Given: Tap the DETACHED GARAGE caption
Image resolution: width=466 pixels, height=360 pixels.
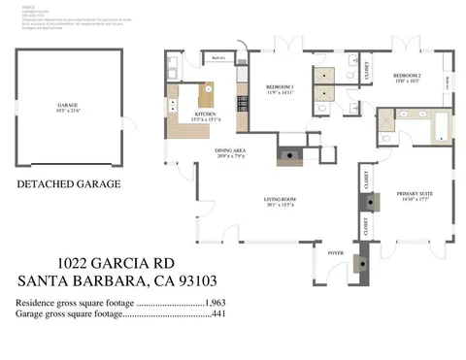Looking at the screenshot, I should (68, 182).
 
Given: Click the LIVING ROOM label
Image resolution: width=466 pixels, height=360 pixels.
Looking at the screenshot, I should (281, 202).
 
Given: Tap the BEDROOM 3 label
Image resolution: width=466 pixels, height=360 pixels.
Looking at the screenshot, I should (280, 89).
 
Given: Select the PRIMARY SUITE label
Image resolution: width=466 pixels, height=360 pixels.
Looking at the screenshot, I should (414, 196).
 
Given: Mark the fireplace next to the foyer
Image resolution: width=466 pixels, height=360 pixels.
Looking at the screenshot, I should (364, 260).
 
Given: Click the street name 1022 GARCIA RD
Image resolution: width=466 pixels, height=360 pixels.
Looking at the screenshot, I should (116, 262).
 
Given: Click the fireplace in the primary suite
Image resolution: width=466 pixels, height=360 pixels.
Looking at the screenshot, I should (370, 201).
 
